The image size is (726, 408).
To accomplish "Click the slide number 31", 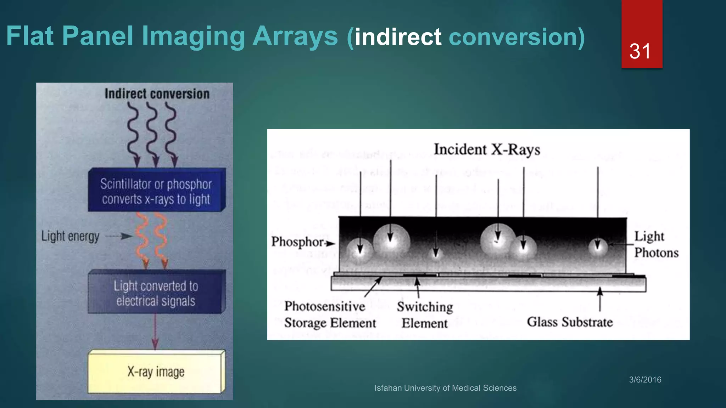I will coord(640,51).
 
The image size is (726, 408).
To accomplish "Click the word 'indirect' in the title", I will coord(398,37).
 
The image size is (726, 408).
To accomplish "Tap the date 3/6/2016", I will coord(645,380).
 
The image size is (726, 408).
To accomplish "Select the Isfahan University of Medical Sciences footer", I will coord(445,388).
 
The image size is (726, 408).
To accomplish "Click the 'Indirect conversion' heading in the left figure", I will coord(157,94).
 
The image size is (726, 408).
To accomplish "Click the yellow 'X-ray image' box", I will coord(156,372).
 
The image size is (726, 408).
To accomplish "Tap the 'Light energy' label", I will coord(70,236).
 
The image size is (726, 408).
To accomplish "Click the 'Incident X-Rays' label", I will coord(487,149).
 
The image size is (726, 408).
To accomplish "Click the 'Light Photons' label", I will coord(656,244).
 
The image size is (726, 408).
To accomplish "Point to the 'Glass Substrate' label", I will coord(570,322).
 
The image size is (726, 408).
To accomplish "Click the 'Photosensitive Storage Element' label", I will coord(330,314).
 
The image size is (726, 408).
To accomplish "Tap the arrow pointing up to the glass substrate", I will coord(600,299).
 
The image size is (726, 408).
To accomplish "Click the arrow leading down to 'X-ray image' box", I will coord(155,331).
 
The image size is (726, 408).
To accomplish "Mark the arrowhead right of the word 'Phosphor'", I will coord(330,243).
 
